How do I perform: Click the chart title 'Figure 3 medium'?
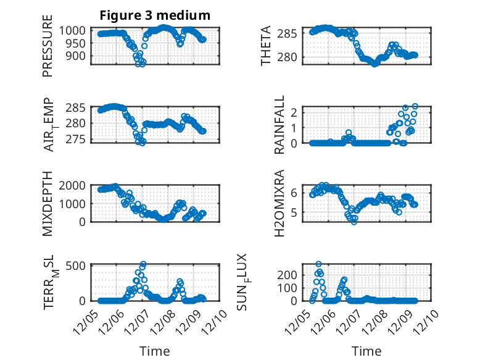155,15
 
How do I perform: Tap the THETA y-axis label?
267,46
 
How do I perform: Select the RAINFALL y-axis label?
279,125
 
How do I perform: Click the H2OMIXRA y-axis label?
279,203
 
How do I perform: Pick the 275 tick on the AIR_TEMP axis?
81,138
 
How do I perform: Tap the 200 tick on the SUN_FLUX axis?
292,274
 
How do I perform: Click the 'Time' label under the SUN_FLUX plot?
366,351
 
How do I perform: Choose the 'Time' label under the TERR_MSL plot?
155,351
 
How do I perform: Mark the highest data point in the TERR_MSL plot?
143,264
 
